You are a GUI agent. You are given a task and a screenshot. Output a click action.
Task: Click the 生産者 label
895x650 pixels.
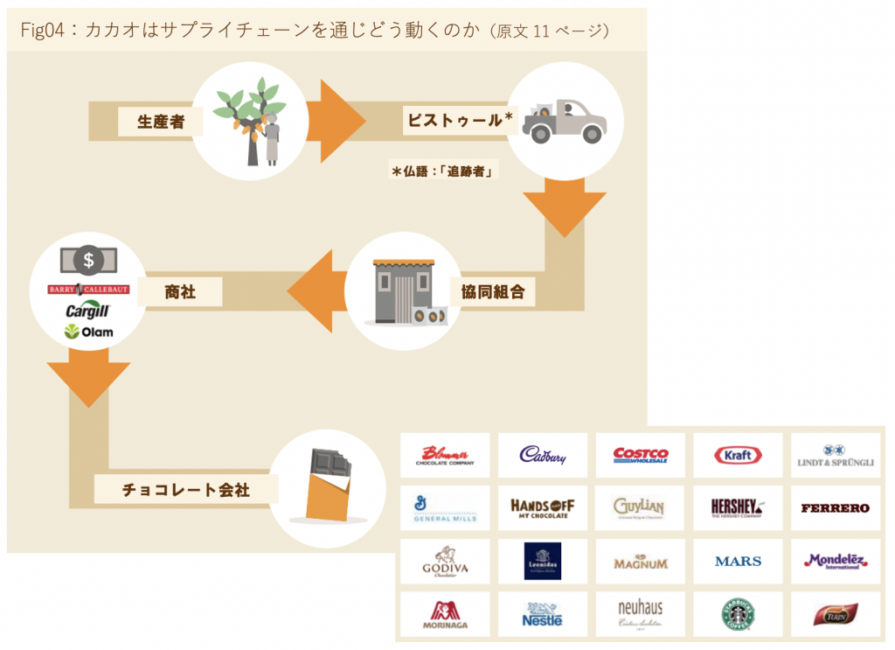click(x=160, y=122)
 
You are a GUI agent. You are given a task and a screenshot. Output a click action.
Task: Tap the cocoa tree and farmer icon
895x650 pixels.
click(x=250, y=121)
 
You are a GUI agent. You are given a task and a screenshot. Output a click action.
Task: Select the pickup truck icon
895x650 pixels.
click(x=565, y=122)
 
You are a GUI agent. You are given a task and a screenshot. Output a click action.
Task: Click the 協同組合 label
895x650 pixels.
click(x=493, y=291)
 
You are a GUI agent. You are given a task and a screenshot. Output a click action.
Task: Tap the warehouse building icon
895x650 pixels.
click(x=404, y=291)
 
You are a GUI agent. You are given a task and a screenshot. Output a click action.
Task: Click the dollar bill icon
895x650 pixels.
click(x=87, y=259)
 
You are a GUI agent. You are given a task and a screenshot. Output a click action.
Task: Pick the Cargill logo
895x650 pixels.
click(x=87, y=311)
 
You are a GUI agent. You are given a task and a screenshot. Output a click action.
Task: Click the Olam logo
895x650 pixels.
click(x=87, y=332)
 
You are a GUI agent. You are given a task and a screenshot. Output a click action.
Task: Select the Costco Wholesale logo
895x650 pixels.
click(x=641, y=455)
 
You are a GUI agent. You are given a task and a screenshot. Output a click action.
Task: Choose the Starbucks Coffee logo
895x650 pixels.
click(x=738, y=615)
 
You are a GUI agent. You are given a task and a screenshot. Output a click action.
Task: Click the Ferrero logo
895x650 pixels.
click(x=835, y=508)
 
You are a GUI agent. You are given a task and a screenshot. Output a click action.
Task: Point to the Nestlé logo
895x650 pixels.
click(x=543, y=615)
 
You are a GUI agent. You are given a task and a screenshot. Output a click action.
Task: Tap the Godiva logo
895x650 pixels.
click(x=446, y=562)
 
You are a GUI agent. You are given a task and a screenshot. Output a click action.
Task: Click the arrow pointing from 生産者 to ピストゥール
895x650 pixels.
click(x=341, y=121)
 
